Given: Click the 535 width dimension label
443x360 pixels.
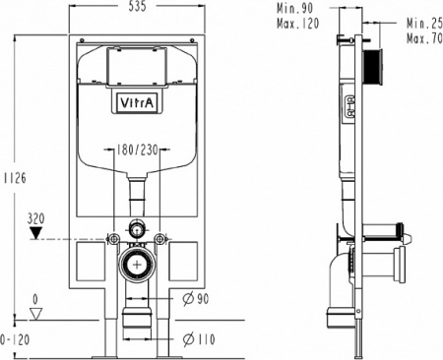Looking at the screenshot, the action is click(x=137, y=6).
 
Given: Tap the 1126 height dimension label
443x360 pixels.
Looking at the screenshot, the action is click(x=15, y=178).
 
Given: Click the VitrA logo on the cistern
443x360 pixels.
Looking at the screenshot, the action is click(x=137, y=102).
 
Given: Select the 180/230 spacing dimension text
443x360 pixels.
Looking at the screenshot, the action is click(x=137, y=150).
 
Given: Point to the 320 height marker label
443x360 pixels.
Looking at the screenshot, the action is click(x=35, y=218).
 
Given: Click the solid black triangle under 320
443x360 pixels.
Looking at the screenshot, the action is click(x=35, y=233).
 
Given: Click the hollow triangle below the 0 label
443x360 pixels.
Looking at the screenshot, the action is click(x=36, y=314).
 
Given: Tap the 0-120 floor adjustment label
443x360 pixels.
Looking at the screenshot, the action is click(x=15, y=339).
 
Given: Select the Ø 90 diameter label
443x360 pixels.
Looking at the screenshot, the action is click(x=196, y=298).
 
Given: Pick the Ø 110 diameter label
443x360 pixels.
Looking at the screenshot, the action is click(x=199, y=339).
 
